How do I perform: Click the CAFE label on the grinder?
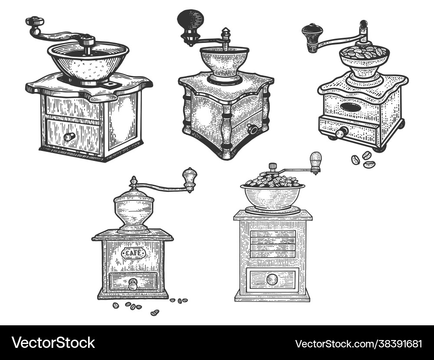pos(133,253)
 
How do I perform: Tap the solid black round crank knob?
pos(190,20)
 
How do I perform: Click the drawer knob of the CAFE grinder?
pos(133,285)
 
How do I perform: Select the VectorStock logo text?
pos(53,343)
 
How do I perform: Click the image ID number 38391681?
pos(358,344)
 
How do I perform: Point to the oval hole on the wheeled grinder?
pos(351,107)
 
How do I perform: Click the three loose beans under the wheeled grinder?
pos(363,159)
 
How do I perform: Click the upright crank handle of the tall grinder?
pos(316,162)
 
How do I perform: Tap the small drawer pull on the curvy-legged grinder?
pos(252,129)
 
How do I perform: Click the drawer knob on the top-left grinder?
pos(69,137)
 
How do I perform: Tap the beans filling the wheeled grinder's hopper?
pos(364,53)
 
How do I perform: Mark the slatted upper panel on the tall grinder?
pos(273,244)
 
